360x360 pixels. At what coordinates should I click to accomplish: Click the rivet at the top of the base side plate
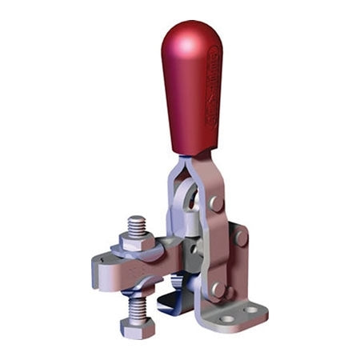pos(241,238)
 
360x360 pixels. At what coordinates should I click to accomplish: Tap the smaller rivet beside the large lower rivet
pos(232,292)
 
